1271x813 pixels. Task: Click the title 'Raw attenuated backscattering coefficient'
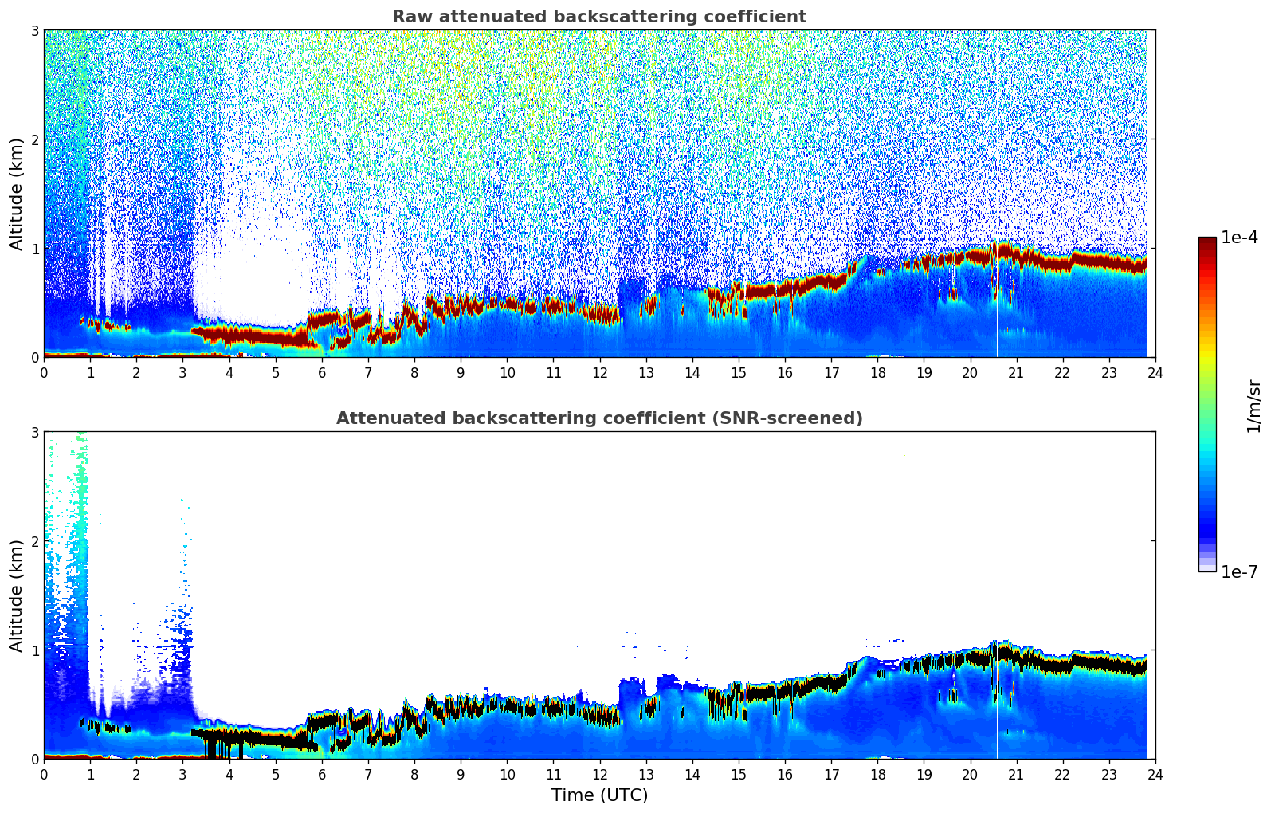point(599,17)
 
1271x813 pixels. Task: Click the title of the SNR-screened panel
point(599,418)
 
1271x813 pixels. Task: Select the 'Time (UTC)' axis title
point(599,795)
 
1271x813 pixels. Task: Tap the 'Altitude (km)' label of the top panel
point(16,194)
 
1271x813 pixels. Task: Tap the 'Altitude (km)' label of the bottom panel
point(16,595)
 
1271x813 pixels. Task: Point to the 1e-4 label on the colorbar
point(1239,238)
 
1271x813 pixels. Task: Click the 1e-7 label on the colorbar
point(1239,571)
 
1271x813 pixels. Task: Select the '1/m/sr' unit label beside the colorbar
point(1253,406)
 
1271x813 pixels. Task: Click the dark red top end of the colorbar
point(1207,241)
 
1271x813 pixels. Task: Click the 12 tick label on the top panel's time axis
point(599,373)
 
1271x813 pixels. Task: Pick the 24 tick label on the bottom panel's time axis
point(1155,775)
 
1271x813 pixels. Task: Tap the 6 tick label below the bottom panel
point(322,775)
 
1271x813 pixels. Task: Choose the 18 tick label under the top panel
point(877,373)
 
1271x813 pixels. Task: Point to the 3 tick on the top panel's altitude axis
point(35,30)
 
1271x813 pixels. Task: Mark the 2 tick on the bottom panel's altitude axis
point(35,541)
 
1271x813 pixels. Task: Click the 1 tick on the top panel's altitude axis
point(35,249)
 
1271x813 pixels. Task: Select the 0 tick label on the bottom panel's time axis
point(44,775)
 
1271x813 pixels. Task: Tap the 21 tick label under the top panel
point(1016,373)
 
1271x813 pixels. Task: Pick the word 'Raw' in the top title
point(408,17)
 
